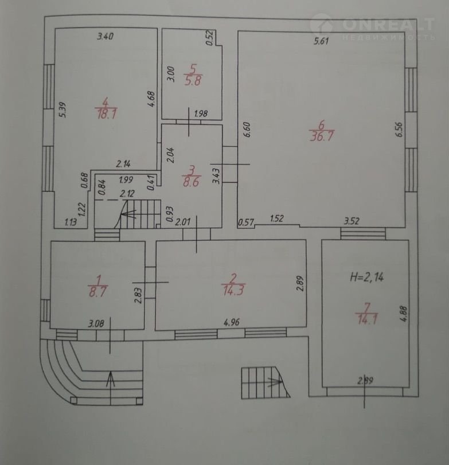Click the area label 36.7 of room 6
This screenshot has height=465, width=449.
click(322, 136)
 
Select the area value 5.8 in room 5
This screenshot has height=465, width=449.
click(193, 81)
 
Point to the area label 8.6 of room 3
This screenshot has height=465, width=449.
click(191, 182)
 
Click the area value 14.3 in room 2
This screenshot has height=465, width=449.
click(233, 290)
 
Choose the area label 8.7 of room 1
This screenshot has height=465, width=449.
click(97, 292)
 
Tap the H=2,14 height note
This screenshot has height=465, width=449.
click(367, 277)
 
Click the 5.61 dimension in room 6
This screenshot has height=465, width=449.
click(321, 41)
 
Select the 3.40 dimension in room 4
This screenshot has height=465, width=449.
click(106, 37)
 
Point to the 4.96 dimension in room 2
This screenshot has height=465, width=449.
click(231, 322)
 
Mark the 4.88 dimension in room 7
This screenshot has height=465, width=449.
click(404, 314)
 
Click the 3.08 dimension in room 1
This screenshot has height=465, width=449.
click(96, 323)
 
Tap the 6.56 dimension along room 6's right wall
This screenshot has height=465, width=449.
click(399, 130)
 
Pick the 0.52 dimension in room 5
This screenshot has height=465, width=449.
click(210, 38)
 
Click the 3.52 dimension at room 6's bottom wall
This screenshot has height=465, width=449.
click(352, 221)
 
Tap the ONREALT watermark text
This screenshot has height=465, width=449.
click(388, 24)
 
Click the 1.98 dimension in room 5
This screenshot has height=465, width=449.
click(201, 114)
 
